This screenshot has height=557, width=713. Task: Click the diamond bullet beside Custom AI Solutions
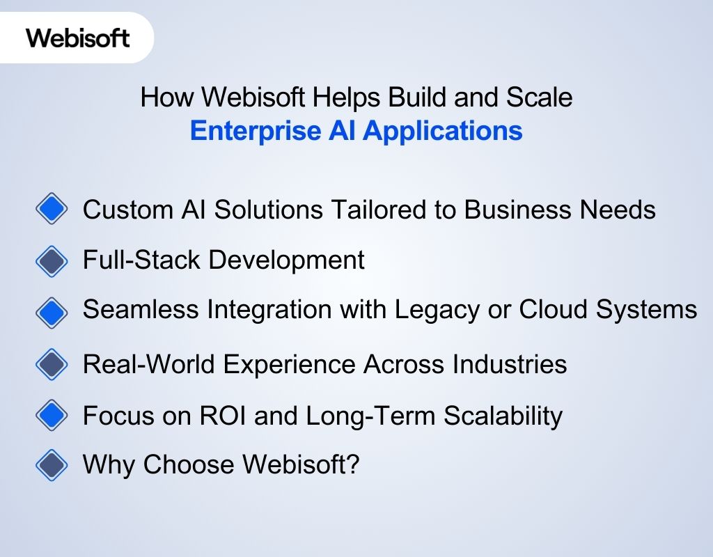tap(52, 209)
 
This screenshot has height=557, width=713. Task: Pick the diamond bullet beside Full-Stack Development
tap(52, 260)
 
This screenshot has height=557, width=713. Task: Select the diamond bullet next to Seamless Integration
tap(52, 311)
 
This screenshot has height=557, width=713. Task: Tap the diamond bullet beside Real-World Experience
tap(52, 363)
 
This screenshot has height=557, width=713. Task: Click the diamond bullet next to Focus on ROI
tap(52, 416)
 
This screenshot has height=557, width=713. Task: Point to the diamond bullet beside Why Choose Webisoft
tap(52, 464)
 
